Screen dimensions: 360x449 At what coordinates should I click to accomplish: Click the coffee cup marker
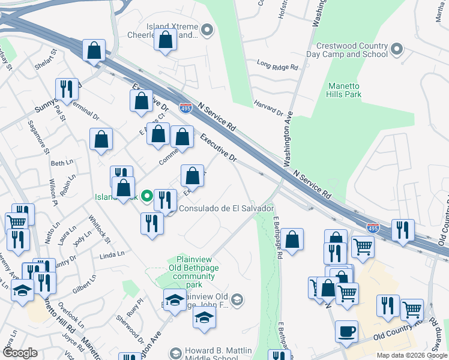tap(346, 331)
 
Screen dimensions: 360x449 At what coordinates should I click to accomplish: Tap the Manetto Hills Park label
tap(344, 90)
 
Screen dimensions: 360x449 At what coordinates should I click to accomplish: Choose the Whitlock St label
tap(99, 229)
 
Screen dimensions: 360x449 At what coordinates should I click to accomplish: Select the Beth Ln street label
tap(61, 163)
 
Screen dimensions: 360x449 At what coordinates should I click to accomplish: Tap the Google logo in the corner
tap(20, 353)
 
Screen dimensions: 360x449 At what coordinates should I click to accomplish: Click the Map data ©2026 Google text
tap(412, 355)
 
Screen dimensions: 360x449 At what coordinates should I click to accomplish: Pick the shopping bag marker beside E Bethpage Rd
tap(292, 239)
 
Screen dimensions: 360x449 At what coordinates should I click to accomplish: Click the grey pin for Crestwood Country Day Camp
tap(396, 49)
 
